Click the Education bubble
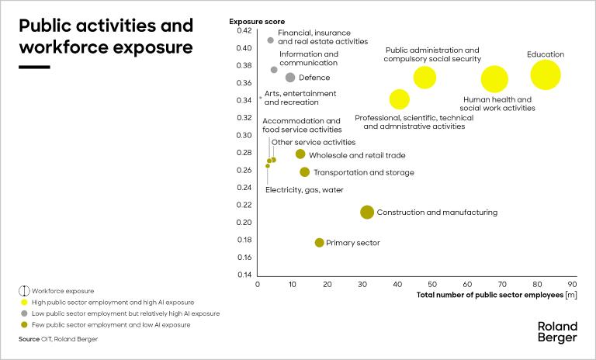tap(546, 75)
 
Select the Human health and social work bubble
tap(494, 79)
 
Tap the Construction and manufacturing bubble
tap(367, 212)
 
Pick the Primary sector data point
tap(319, 243)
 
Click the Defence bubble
tap(290, 78)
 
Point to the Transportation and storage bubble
tap(304, 172)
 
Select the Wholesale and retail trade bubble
tap(300, 154)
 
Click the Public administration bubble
tap(424, 77)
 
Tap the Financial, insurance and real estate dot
tap(270, 40)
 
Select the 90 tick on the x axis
tap(572, 285)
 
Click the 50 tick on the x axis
tap(432, 285)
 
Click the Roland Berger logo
tap(557, 332)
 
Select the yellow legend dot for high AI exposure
tap(24, 302)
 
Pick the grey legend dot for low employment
tap(24, 313)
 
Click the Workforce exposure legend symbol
tap(24, 290)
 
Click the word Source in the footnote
tap(28, 339)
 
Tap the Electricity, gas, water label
tap(304, 190)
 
